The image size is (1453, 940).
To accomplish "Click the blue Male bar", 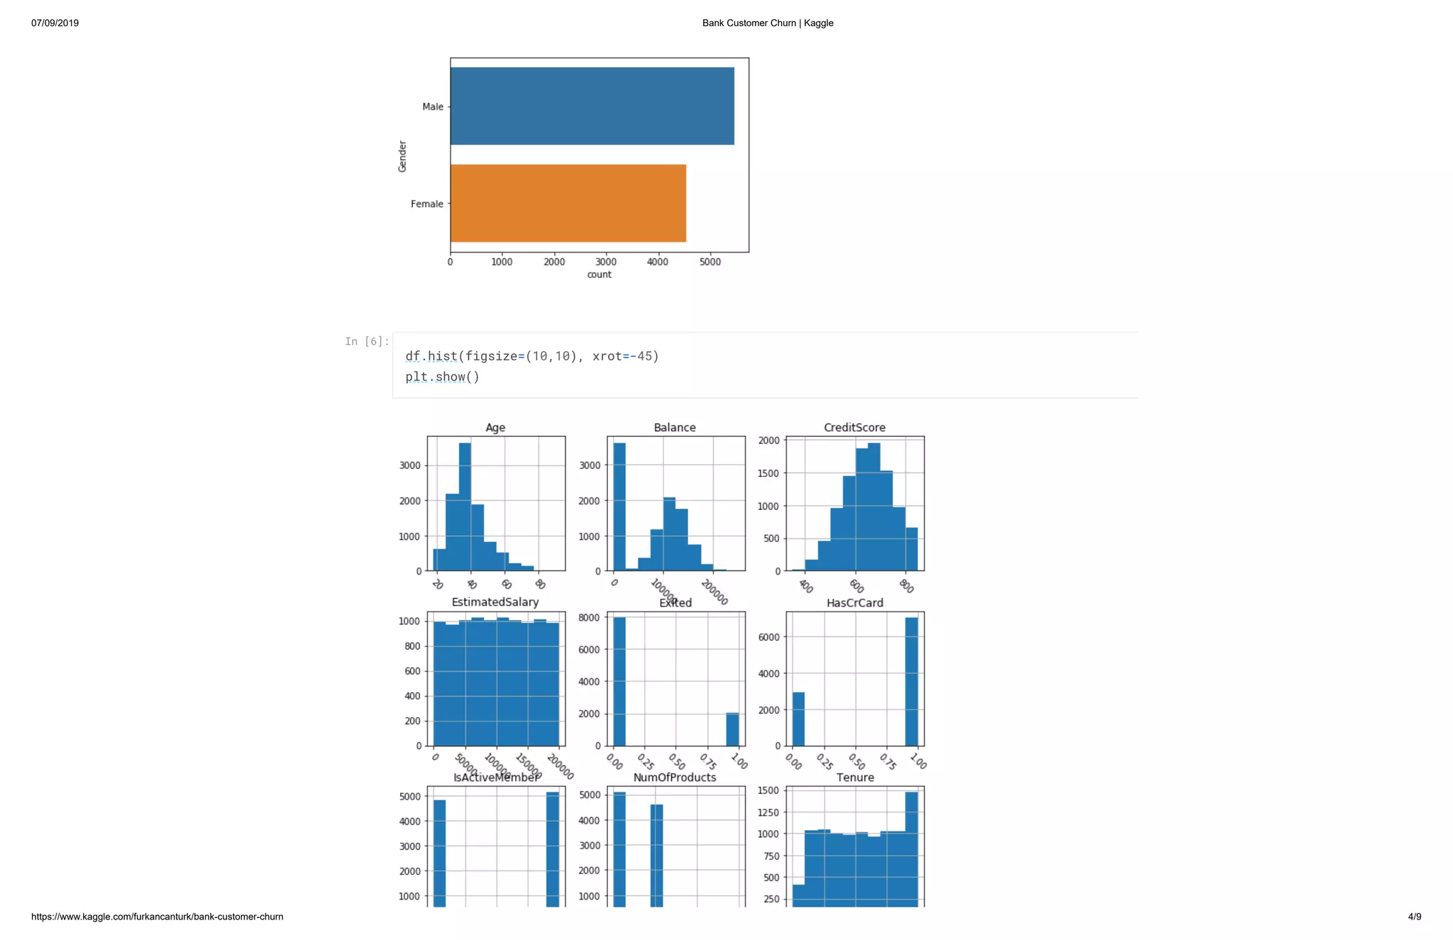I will [592, 106].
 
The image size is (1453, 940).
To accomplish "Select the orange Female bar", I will [568, 204].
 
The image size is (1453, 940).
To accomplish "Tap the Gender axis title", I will [402, 156].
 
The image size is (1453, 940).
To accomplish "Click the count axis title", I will [599, 275].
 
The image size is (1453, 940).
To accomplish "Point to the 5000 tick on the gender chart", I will [709, 262].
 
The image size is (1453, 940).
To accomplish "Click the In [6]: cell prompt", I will [367, 341].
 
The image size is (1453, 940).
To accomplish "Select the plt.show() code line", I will [442, 377].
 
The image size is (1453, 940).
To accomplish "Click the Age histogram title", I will [495, 427].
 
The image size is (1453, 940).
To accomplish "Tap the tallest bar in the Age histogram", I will [465, 507].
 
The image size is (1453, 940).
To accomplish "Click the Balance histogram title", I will [674, 427].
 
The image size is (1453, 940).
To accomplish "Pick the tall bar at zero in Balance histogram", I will [619, 507].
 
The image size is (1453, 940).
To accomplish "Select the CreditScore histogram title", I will [854, 427].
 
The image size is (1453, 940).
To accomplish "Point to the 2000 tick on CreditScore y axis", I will [769, 441].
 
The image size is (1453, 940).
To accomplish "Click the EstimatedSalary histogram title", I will [495, 602].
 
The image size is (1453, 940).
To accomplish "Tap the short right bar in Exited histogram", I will [732, 729].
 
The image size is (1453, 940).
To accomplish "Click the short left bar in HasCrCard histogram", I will [798, 719].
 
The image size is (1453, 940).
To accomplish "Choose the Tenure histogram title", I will [855, 778].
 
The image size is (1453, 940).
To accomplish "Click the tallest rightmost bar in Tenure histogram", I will [912, 848].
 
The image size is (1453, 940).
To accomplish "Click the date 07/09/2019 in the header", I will [55, 23].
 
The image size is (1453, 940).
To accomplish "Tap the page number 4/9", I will [1414, 917].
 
